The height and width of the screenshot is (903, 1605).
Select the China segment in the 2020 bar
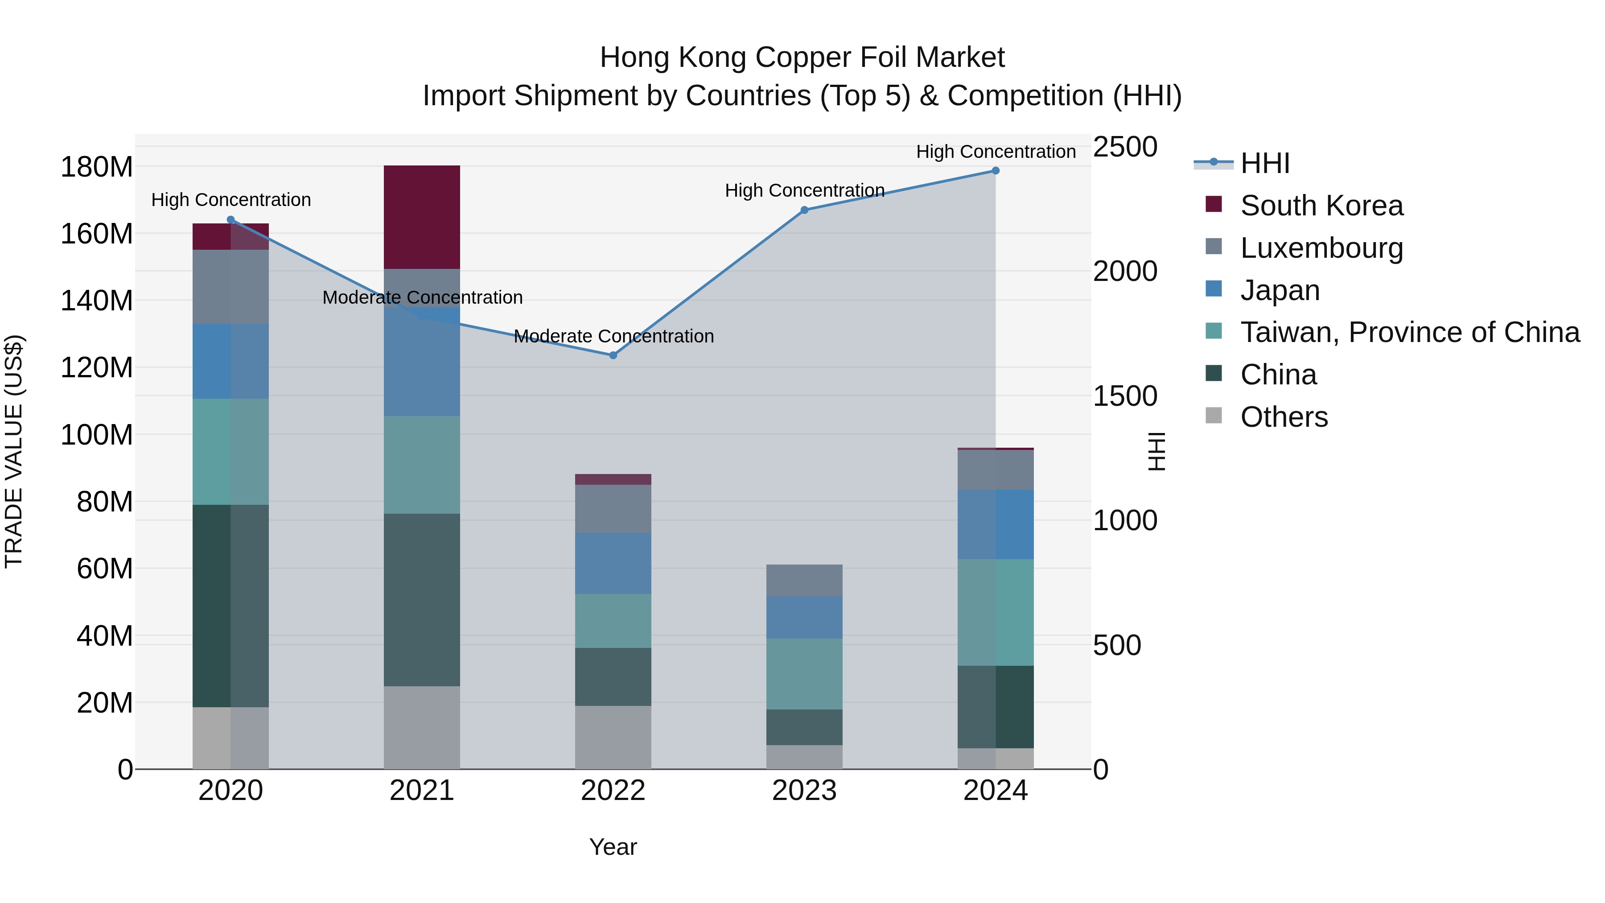[230, 606]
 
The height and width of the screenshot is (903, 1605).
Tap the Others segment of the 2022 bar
[613, 737]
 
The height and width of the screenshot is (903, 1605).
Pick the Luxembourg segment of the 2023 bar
[804, 580]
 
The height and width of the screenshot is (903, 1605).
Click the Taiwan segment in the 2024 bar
[996, 612]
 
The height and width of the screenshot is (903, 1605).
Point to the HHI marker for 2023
[804, 210]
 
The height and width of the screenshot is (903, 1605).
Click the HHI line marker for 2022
[613, 355]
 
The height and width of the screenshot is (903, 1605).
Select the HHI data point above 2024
[996, 171]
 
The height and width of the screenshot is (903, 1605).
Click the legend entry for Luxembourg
[1321, 248]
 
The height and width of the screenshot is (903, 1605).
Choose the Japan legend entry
[1279, 290]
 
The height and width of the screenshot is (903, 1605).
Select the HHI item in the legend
[1264, 163]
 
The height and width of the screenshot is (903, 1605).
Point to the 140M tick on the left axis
[97, 301]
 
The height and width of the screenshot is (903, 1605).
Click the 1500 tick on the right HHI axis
[1125, 396]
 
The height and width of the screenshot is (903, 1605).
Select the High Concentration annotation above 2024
[996, 152]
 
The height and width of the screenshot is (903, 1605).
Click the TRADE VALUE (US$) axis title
[14, 451]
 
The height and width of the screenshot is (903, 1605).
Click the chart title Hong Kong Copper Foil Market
[802, 58]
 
